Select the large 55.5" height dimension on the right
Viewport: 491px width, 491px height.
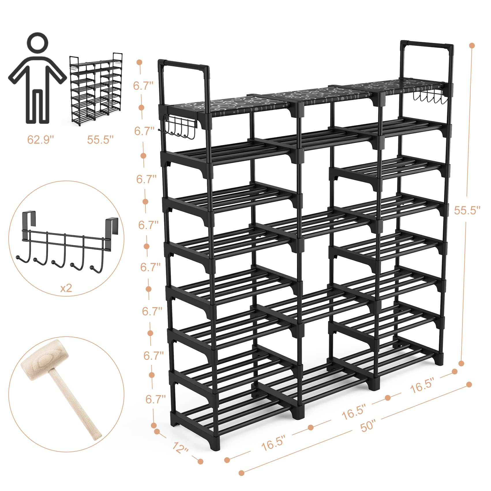coord(467,210)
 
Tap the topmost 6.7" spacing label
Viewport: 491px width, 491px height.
coord(143,86)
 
